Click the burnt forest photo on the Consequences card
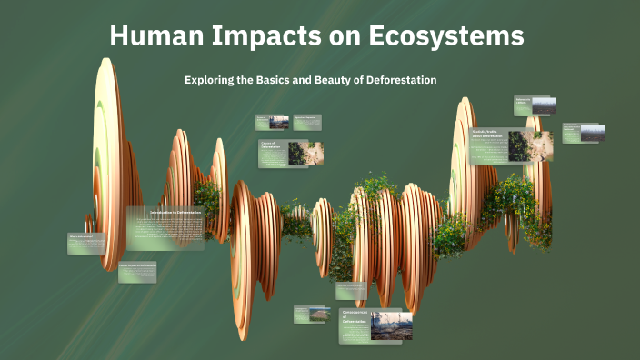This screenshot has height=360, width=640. [x=391, y=325]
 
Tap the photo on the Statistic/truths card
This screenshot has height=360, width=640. [x=519, y=145]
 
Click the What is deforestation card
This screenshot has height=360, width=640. [x=87, y=243]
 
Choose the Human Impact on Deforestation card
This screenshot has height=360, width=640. [x=137, y=272]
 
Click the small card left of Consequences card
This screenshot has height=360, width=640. [x=310, y=314]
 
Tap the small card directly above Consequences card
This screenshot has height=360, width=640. [x=351, y=291]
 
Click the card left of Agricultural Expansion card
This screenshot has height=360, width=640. [x=273, y=122]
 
